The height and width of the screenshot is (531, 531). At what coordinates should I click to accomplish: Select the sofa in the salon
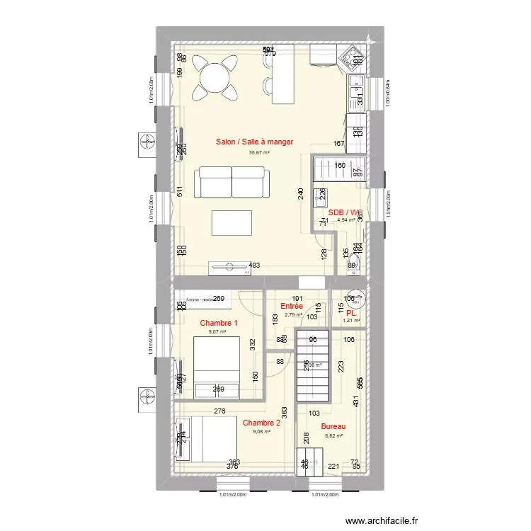(x=233, y=182)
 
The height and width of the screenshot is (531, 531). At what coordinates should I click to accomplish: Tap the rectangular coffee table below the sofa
(x=232, y=223)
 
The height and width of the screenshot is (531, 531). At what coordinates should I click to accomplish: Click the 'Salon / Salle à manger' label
(x=254, y=142)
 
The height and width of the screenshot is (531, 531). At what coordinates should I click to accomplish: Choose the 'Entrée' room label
(x=292, y=306)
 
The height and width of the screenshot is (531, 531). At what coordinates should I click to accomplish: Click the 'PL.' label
(x=351, y=312)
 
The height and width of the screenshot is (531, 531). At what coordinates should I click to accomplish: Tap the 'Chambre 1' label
(x=218, y=323)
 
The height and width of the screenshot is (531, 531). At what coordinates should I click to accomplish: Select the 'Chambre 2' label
(x=261, y=423)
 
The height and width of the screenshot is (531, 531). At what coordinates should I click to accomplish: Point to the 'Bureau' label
(x=333, y=427)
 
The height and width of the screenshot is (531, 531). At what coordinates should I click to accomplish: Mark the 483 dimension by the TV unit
(x=253, y=265)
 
